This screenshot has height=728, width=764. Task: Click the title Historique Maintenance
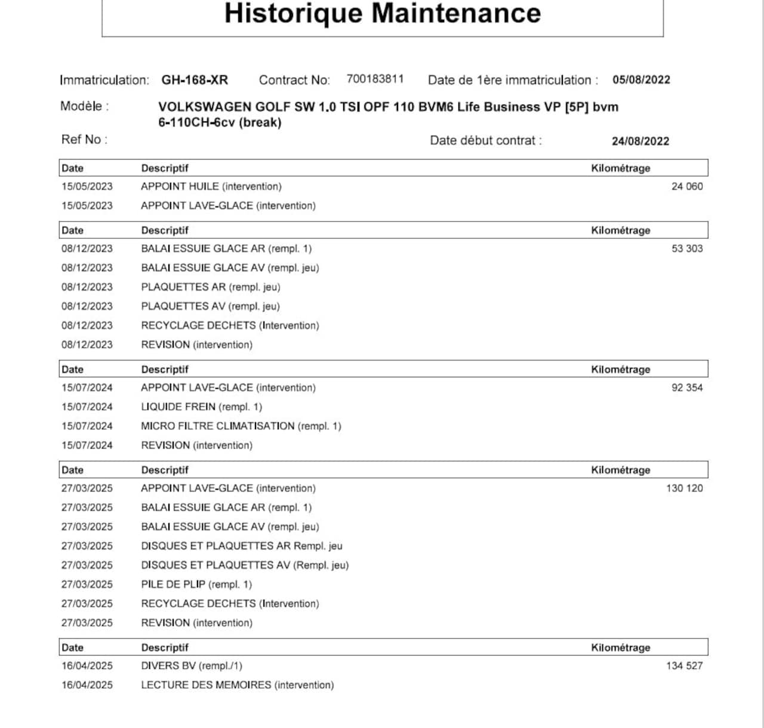[383, 13]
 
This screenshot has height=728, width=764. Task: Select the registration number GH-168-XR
[195, 80]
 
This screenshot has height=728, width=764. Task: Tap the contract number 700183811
[375, 79]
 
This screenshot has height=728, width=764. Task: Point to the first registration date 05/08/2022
[641, 80]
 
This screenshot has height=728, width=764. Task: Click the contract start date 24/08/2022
[640, 142]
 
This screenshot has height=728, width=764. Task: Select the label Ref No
[84, 140]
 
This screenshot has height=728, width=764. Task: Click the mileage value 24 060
[687, 186]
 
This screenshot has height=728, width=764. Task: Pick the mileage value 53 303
[687, 248]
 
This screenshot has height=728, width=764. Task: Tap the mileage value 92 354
[687, 388]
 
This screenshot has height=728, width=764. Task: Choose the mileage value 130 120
[684, 489]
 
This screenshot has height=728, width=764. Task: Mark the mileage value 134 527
[684, 666]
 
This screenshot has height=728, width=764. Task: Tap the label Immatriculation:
[104, 80]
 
